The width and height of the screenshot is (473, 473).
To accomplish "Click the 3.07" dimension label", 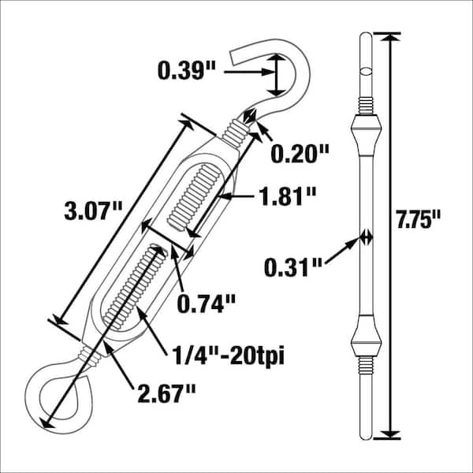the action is [94, 210].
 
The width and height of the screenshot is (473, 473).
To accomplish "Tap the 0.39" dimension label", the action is [187, 71].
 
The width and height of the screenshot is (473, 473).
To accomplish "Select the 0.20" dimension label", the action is [300, 154].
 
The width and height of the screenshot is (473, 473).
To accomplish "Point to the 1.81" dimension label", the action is [289, 196].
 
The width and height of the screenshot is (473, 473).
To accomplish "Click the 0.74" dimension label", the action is [207, 304].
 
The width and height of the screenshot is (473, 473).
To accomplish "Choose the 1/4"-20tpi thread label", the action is [228, 357].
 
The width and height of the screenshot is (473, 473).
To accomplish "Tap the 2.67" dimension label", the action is [167, 393].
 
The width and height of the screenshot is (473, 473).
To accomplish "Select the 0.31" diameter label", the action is [293, 267].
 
